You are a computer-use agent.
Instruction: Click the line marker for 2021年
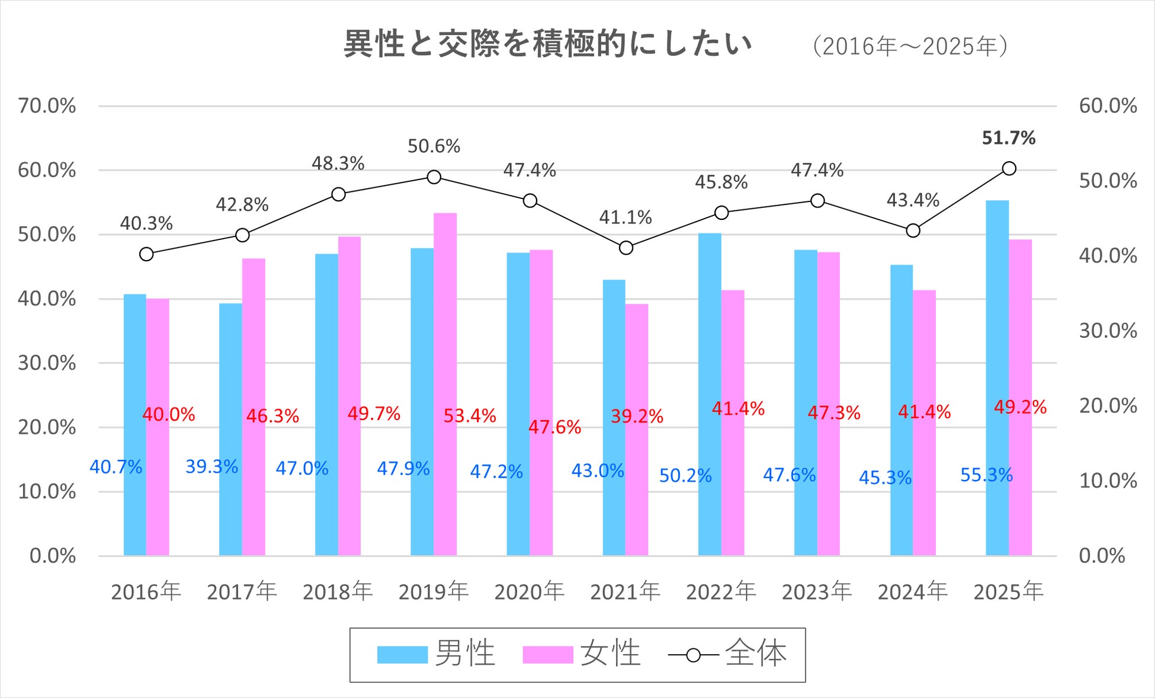(626, 248)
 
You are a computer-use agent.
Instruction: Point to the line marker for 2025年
(1009, 168)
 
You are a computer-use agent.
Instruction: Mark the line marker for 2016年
(146, 254)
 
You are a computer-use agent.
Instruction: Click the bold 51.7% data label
(1009, 138)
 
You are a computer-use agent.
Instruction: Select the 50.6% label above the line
(434, 146)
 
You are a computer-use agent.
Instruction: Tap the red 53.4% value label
(470, 416)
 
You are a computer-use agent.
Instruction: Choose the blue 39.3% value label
(211, 467)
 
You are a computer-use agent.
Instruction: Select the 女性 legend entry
(582, 654)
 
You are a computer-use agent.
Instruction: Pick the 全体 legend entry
(728, 654)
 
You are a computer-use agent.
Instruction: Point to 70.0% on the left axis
(47, 106)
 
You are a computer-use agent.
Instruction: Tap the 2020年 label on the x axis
(529, 591)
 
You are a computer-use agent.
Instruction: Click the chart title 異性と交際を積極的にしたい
(548, 44)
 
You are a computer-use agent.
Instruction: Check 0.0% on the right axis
(1102, 556)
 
